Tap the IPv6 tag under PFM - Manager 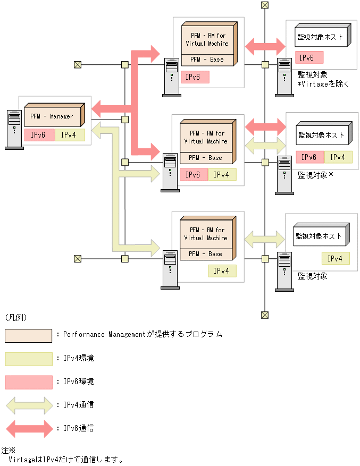[x=39, y=135]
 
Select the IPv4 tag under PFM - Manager [x=70, y=135]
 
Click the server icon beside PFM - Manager [x=14, y=130]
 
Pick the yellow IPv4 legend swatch [x=28, y=359]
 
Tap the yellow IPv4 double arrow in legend [x=28, y=405]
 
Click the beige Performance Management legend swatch [x=28, y=335]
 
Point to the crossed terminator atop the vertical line [x=265, y=5]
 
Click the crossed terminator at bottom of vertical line [x=265, y=315]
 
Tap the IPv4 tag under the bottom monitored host [x=336, y=259]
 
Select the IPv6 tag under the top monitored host [x=309, y=57]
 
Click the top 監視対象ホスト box [x=321, y=37]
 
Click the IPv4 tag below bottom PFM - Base [x=222, y=271]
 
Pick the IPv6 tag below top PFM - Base [x=195, y=77]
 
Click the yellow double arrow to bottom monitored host [x=265, y=236]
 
